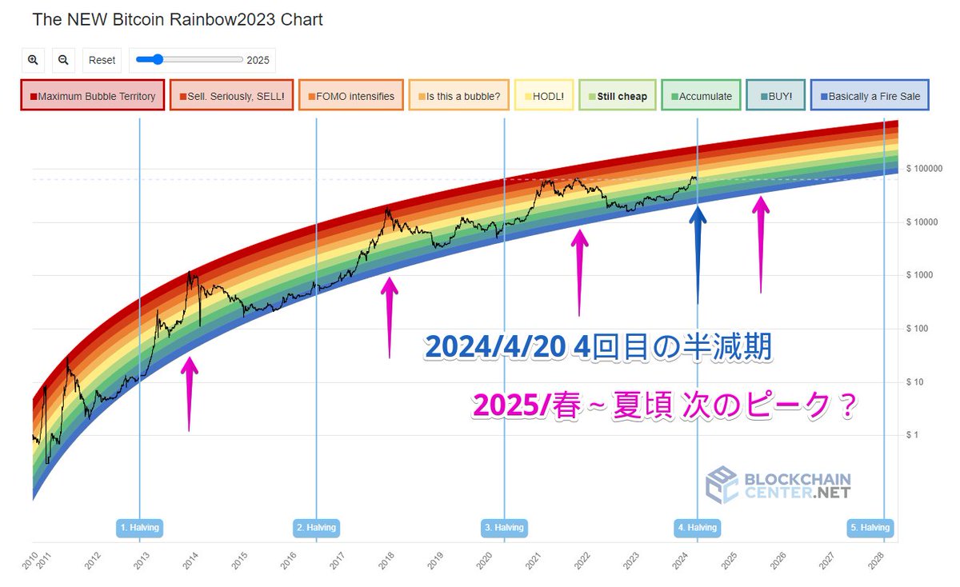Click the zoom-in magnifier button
pos(33,60)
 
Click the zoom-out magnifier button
pos(63,60)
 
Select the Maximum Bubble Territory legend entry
pos(93,96)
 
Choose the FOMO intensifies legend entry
pos(351,96)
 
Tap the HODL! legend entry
pos(544,96)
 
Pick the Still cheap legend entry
pos(618,96)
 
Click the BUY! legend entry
pos(775,96)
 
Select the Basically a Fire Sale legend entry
pos(870,96)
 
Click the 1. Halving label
pos(139,528)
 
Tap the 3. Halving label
pos(504,528)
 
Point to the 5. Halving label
pos(870,528)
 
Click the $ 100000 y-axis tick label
pos(925,169)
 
